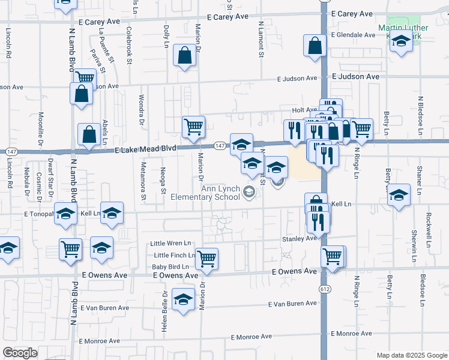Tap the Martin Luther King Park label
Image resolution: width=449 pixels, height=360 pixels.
pos(403,28)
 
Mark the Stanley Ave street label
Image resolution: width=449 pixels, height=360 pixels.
pos(299,239)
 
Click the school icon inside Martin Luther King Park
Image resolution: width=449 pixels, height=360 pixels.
pos(401,42)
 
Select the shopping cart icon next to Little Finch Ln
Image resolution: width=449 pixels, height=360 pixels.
pos(206,259)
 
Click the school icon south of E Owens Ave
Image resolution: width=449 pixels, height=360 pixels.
pos(183,299)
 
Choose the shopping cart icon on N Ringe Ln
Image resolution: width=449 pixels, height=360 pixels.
pos(361,128)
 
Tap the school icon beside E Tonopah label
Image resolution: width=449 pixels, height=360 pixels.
pos(66,214)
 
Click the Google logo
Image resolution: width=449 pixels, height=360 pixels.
pos(20,353)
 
